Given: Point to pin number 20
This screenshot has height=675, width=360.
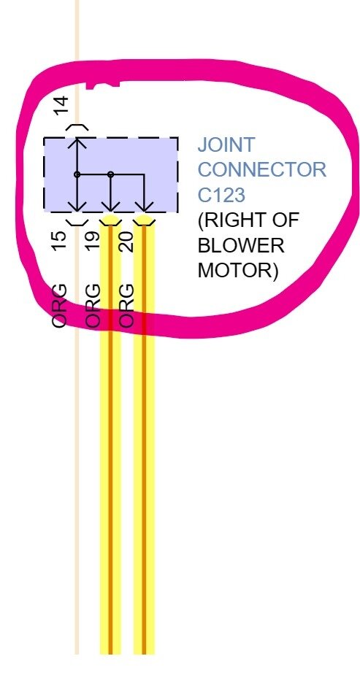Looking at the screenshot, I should (126, 239).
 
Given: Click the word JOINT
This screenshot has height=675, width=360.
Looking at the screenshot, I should (226, 144).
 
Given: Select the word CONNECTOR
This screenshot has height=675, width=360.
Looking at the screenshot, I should (261, 170).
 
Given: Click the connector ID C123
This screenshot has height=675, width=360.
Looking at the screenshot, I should (222, 195).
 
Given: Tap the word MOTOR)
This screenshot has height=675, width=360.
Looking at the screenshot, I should (238, 270).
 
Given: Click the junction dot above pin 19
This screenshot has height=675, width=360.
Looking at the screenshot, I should (110, 174).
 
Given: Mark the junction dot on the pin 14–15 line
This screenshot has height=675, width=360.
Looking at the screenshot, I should (77, 174).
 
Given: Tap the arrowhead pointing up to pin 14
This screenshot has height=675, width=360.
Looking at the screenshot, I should (77, 141).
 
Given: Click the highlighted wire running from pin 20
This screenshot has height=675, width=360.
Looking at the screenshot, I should (144, 474).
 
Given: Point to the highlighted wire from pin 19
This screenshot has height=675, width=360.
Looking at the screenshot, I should (110, 474).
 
